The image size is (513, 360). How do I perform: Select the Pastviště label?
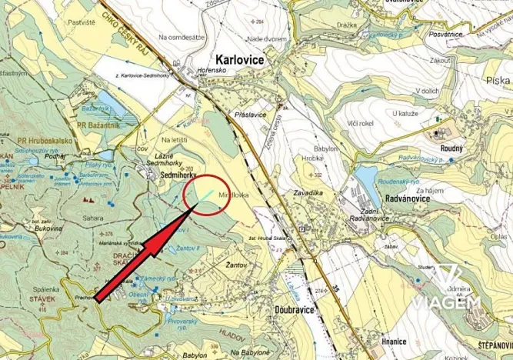82,24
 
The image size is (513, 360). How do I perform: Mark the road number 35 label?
335,291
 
